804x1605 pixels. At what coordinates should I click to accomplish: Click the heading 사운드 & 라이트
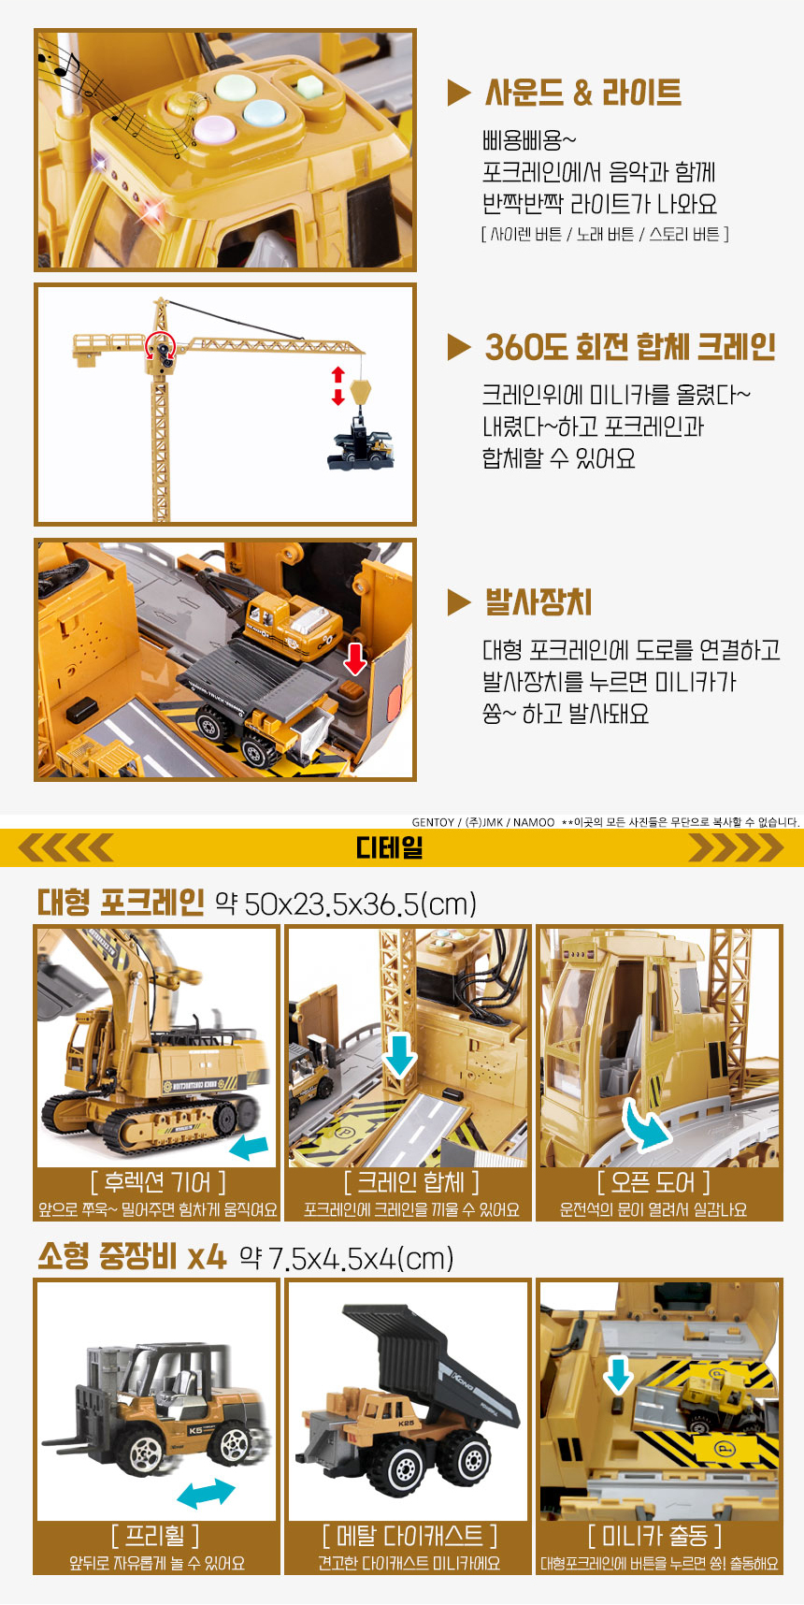582,93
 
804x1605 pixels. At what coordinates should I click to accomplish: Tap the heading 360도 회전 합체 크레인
630,347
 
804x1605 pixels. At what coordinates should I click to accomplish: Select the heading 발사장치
538,601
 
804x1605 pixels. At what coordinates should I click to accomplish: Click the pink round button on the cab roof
212,128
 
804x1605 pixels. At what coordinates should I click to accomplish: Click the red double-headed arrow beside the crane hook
338,385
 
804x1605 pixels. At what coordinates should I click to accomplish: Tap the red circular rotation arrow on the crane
160,345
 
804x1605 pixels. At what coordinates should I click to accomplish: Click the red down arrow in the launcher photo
355,658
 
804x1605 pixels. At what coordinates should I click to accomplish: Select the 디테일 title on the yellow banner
390,848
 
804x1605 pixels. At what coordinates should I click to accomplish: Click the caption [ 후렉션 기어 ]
158,1182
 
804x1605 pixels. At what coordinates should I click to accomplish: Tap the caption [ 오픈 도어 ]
653,1182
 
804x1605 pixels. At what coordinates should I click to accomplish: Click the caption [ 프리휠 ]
155,1536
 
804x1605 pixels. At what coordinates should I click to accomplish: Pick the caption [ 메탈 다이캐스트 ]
409,1536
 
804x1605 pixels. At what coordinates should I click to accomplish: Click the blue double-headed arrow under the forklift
206,1493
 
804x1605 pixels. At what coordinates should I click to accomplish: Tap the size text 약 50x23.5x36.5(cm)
346,904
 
